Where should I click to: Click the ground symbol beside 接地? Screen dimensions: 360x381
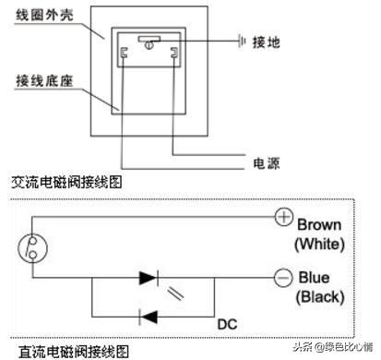tap(242, 42)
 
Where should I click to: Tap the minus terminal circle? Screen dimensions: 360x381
tap(283, 277)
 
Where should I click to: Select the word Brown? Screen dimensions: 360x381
tap(320, 224)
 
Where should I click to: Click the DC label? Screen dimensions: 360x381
tap(228, 325)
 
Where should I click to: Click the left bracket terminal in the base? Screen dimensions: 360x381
tap(123, 55)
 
